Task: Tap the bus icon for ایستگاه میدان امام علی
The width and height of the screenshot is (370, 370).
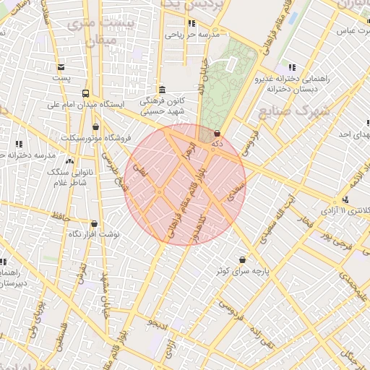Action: coord(87,93)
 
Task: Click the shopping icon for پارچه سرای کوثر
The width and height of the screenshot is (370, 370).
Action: coord(241,259)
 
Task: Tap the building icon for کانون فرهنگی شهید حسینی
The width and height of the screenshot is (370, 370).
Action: coord(160,90)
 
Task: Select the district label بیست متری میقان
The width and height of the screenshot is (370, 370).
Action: coord(91,33)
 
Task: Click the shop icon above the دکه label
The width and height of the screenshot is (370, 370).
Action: coord(218,133)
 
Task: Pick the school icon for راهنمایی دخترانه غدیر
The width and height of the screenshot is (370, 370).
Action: coord(292,67)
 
